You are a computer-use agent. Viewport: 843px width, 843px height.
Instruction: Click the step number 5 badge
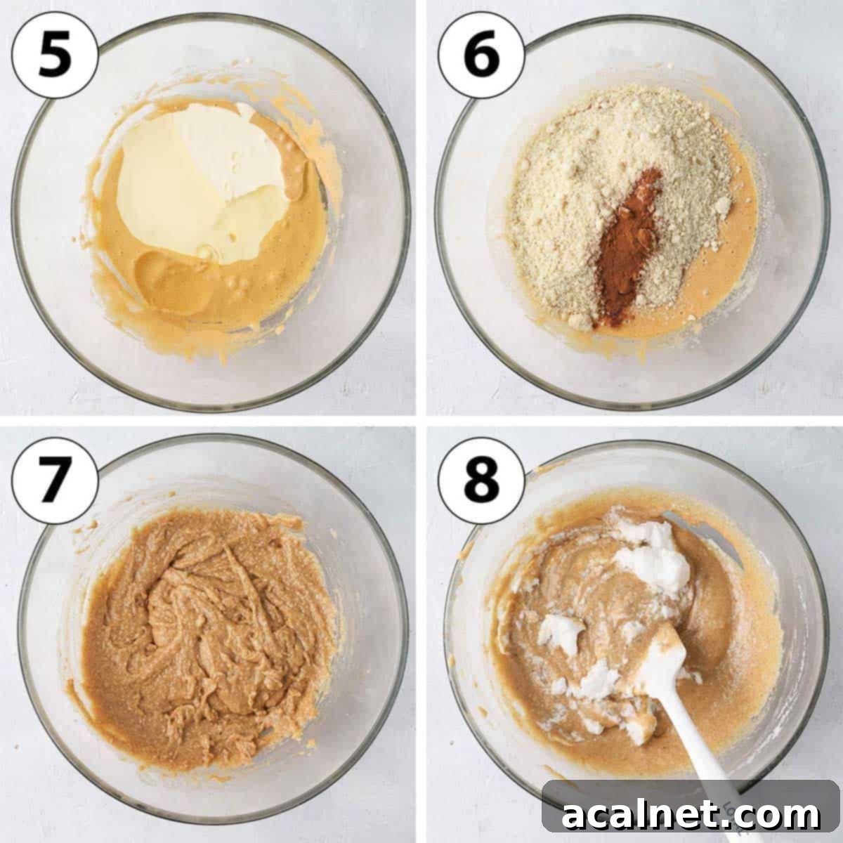coord(55,55)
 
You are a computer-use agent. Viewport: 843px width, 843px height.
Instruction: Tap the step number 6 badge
coord(481,55)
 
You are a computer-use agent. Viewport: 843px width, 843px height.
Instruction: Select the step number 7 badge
coord(55,481)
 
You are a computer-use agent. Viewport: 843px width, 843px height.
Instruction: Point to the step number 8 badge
coord(481,481)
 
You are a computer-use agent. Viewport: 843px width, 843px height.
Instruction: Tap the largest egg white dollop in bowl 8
coord(653,555)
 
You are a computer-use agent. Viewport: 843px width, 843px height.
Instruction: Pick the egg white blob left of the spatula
coord(562,632)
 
